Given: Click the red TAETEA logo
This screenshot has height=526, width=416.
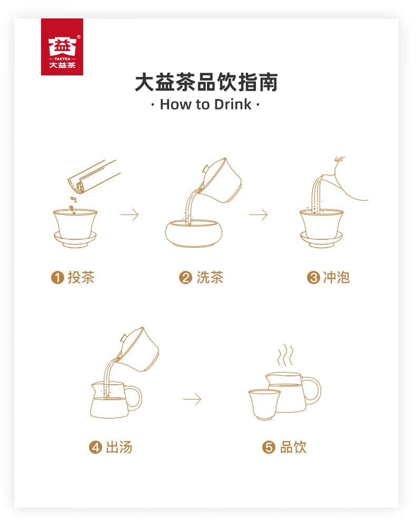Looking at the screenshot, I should point(62,47).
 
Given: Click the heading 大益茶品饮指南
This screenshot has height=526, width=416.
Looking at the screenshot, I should point(206,83).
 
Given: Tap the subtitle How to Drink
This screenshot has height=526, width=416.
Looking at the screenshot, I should point(206,104).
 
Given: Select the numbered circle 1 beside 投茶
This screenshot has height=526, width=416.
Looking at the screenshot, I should point(57,278).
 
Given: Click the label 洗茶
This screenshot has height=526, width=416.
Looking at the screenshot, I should point(210,278).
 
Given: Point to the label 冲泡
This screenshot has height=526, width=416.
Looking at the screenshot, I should point(336,278).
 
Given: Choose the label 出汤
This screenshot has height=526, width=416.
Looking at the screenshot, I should point(119,447).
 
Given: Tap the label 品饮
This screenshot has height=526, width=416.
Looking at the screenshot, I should point(293,447).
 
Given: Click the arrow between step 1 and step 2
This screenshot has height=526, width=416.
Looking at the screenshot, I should point(130,215).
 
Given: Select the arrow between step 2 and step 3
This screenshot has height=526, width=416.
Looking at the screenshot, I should point(259,215).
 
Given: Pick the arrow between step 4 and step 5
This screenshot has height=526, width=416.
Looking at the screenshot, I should point(192,400).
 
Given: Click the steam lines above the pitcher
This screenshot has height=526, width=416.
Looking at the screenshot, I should point(285,356).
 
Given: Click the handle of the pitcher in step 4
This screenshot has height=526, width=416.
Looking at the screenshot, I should point(134,398).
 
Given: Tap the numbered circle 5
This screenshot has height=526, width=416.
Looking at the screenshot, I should point(269,448).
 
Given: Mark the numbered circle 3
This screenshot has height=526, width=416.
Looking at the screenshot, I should point(313,278).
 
